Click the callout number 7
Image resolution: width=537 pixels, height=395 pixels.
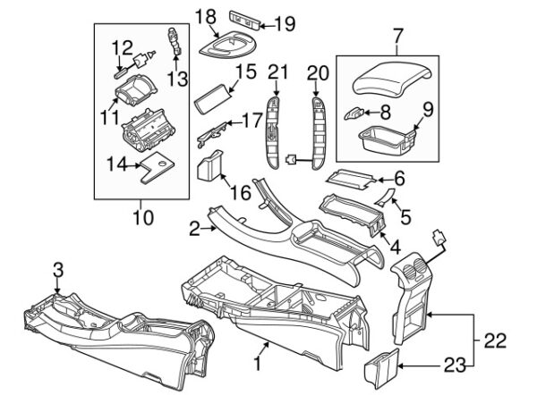tap(398, 37)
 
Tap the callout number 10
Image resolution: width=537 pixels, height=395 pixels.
tap(142, 216)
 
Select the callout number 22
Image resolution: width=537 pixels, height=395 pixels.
tap(492, 340)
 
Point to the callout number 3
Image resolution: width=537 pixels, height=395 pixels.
tap(58, 269)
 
